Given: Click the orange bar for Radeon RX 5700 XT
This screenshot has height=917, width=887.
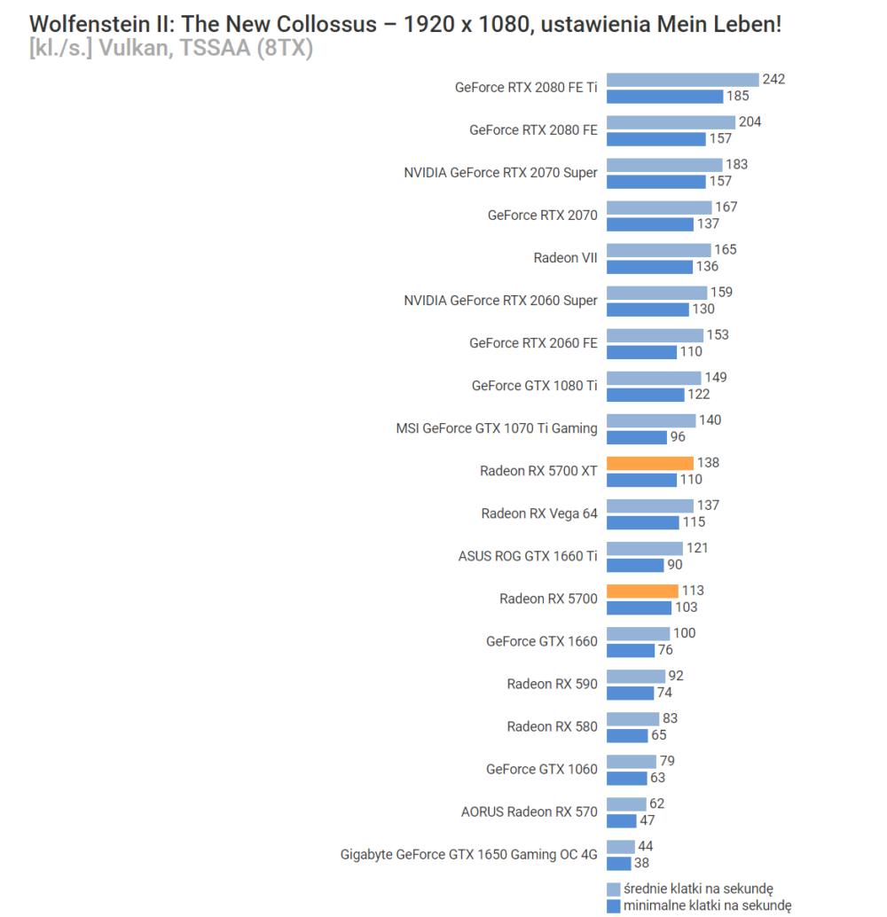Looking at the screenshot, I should pyautogui.click(x=650, y=463).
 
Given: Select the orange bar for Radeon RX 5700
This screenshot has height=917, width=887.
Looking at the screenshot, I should pyautogui.click(x=642, y=591).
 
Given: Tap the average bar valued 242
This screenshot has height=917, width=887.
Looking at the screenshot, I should pyautogui.click(x=683, y=80).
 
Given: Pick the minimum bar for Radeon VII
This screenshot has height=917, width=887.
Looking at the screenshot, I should pyautogui.click(x=649, y=266).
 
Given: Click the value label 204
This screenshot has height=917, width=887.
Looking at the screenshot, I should pyautogui.click(x=750, y=122).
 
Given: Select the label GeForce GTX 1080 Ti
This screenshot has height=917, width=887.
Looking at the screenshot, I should pyautogui.click(x=535, y=386).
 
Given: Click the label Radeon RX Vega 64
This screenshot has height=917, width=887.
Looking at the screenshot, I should pyautogui.click(x=539, y=513).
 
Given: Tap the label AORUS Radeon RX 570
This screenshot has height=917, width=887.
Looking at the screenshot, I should pyautogui.click(x=530, y=811).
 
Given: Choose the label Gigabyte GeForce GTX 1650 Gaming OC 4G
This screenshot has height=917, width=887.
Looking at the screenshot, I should pyautogui.click(x=469, y=855).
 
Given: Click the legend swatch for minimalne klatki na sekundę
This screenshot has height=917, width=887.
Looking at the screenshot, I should pyautogui.click(x=613, y=905).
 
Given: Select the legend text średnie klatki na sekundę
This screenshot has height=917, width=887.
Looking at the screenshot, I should pyautogui.click(x=699, y=890).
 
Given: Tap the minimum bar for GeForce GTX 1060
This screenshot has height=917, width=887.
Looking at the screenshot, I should pyautogui.click(x=627, y=778).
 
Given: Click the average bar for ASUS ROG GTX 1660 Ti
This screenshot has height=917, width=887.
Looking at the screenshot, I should pyautogui.click(x=645, y=548).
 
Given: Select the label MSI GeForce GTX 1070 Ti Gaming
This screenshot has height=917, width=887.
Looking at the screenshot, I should pyautogui.click(x=497, y=428).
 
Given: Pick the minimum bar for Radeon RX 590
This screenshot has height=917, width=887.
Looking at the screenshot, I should pyautogui.click(x=630, y=693).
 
